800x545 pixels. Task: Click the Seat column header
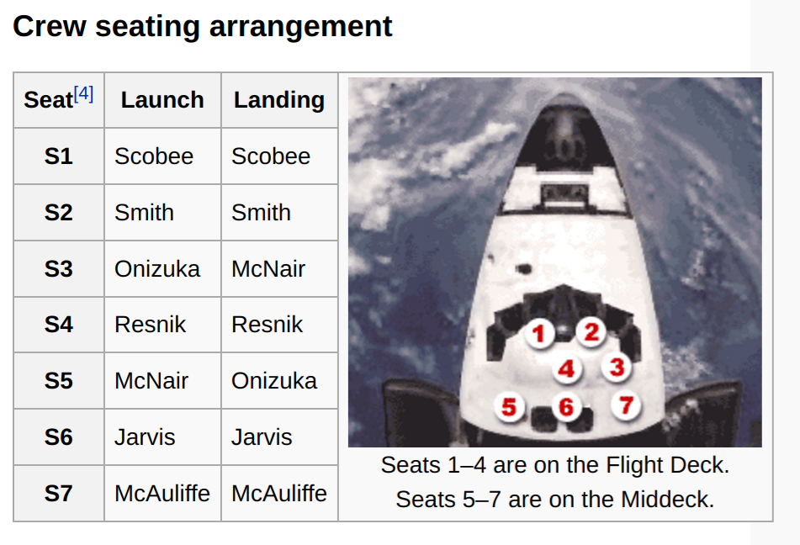(x=49, y=99)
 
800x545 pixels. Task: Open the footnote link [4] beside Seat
(x=83, y=94)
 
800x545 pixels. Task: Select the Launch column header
(x=162, y=99)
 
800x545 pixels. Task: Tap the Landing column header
(x=279, y=99)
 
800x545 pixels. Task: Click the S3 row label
(x=59, y=269)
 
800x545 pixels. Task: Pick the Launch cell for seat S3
(x=157, y=269)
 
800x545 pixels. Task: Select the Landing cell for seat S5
(x=274, y=381)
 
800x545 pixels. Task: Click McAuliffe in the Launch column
(x=162, y=494)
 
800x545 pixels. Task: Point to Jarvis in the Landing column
(x=262, y=437)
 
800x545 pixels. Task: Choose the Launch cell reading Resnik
(x=151, y=325)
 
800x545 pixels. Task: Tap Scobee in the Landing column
(x=271, y=156)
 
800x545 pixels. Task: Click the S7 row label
(x=59, y=494)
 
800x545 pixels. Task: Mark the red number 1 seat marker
(x=539, y=334)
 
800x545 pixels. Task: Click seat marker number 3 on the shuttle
(x=617, y=367)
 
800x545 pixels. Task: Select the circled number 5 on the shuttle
(x=509, y=407)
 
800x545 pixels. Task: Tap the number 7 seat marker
(x=626, y=405)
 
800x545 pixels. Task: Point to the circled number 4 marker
(x=567, y=369)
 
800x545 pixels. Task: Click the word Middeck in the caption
(x=667, y=500)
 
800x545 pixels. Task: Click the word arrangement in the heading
(x=300, y=27)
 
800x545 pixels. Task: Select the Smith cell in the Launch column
(x=145, y=213)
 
